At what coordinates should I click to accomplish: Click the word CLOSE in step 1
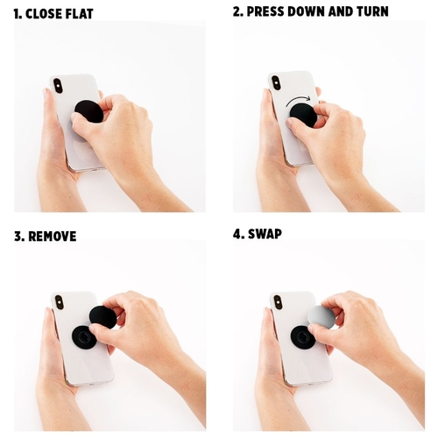44,14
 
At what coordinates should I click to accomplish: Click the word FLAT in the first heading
80,14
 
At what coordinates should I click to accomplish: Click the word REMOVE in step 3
53,237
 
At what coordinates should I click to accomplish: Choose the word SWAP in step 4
265,234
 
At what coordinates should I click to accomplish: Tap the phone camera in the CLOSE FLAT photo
58,85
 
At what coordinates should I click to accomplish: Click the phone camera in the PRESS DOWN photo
275,83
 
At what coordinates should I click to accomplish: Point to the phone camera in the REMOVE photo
60,304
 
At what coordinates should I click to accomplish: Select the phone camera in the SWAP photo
278,303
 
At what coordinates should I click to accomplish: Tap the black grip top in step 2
304,116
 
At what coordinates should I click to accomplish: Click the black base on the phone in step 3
84,337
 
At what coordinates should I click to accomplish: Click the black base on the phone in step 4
303,337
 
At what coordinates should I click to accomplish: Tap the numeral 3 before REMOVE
18,237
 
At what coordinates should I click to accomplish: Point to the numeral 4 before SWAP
237,234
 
